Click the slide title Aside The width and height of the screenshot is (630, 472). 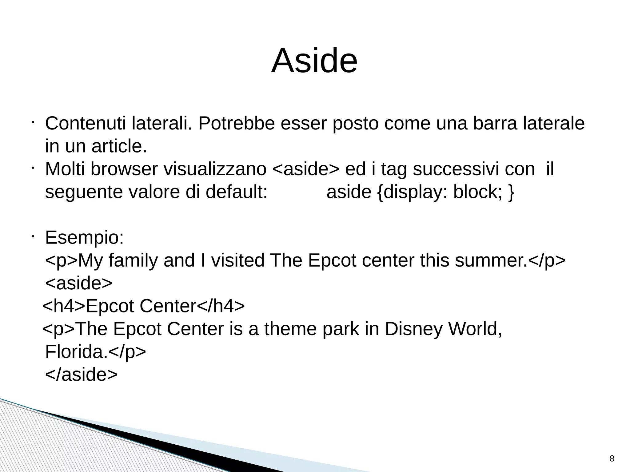pos(314,61)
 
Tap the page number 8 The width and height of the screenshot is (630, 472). pos(612,459)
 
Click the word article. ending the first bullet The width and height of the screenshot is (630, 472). pos(119,146)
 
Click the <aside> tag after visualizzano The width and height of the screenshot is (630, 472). pos(306,169)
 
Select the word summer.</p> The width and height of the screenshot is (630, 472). pos(510,260)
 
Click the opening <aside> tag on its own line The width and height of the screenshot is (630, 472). pos(79,283)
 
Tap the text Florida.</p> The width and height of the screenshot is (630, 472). pos(95,352)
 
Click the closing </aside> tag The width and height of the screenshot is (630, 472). pos(81,375)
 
